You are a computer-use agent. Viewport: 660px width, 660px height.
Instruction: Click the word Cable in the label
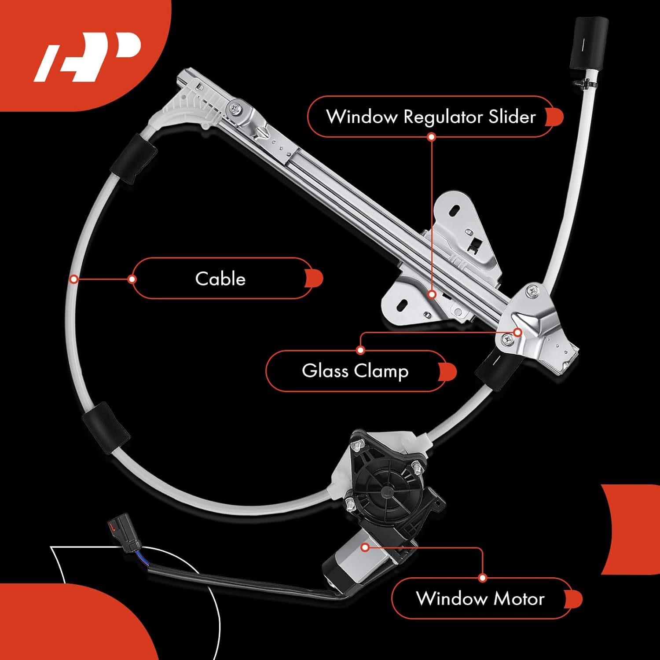(x=220, y=279)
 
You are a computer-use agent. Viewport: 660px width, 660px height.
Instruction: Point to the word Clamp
(x=381, y=371)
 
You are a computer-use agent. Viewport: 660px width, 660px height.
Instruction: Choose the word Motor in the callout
(x=519, y=598)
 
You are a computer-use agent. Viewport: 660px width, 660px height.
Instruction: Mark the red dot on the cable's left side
(x=74, y=279)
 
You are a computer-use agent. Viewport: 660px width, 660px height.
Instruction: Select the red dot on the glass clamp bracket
(x=518, y=332)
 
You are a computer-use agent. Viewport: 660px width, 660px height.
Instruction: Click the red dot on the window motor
(x=365, y=547)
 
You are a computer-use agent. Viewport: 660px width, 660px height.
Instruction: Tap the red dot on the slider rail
(x=432, y=294)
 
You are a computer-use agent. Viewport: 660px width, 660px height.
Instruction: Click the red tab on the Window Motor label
(x=574, y=599)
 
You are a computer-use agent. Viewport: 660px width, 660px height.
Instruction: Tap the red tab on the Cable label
(x=315, y=278)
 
